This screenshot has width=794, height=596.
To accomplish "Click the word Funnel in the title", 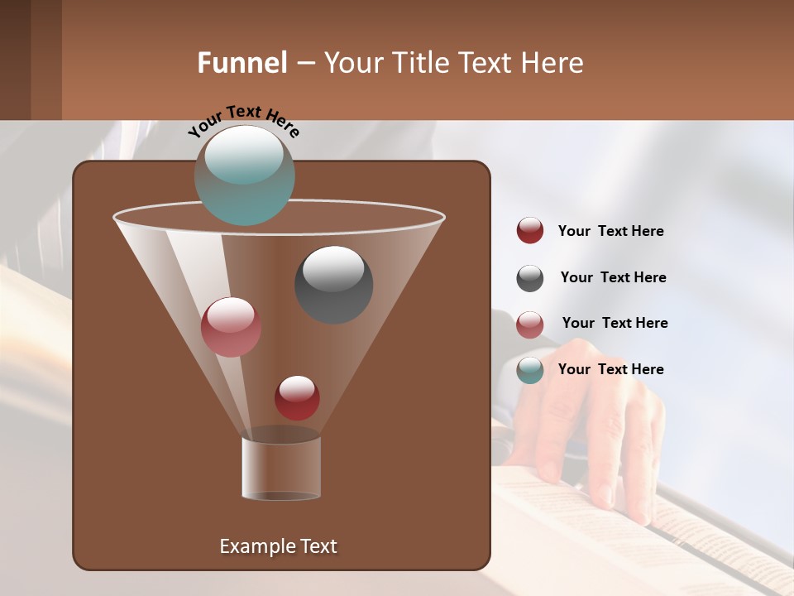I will pos(242,63).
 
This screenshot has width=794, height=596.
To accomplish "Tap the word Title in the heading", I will pos(419,63).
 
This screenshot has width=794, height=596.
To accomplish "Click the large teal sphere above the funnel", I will pos(244,175).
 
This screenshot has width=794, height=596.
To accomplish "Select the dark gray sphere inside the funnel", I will pos(333,284).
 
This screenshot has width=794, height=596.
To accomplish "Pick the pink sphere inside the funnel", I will pos(231,327).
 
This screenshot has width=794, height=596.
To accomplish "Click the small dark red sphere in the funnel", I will pos(297,397).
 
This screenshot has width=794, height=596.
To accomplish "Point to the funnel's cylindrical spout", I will pos(281,468).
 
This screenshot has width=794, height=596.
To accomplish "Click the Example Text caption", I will pos(278,546).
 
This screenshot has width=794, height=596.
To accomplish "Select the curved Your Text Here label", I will pos(243,119).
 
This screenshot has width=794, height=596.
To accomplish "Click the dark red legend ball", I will pos(530,231).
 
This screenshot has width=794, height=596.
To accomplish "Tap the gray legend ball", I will pos(530,278).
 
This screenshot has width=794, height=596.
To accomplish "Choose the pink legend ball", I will pos(530,324).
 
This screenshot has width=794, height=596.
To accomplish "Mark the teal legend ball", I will pos(530,370).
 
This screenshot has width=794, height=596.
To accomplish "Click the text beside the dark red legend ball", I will pos(610,232).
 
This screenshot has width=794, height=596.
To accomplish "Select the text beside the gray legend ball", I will pos(613,277).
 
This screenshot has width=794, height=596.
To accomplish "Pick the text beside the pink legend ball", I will pos(615,323).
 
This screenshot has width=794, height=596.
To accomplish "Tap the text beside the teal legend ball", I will pos(610,369).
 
